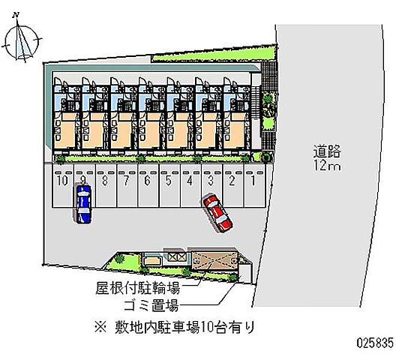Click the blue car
pos(83,204)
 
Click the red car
pos(217,212)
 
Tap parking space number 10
pos(63,186)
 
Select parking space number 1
pos(254,186)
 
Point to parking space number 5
pos(169,186)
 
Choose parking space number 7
pos(127,186)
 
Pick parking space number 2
pos(233,186)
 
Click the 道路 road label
pos(327,151)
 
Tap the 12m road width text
pos(327,166)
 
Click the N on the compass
pos(16,15)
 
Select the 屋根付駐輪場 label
pos(138,288)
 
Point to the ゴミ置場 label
pos(151,305)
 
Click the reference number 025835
pos(375,343)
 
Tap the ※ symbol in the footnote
pos(101,328)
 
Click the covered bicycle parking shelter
pos(214,260)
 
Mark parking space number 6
pos(148,186)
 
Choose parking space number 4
pos(190,186)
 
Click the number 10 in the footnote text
pos(208,328)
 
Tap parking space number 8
pos(106,186)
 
